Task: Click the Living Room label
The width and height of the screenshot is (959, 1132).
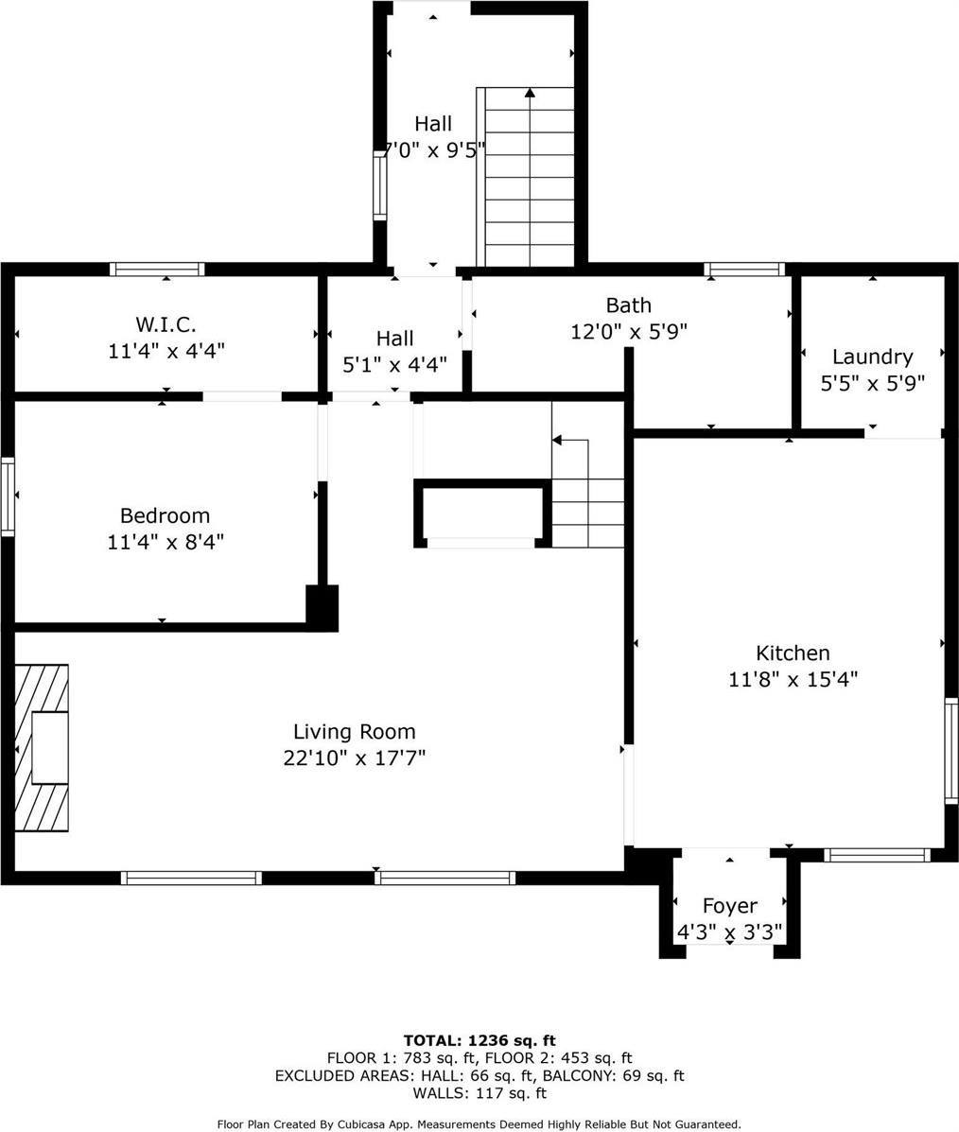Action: [x=354, y=731]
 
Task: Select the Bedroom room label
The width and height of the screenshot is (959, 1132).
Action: [x=165, y=515]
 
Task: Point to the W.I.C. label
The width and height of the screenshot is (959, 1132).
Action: [x=166, y=324]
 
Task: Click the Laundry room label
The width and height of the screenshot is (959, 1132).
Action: [x=872, y=357]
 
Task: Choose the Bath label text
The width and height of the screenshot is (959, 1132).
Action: [x=628, y=305]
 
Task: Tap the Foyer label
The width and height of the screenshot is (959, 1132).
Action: [x=729, y=906]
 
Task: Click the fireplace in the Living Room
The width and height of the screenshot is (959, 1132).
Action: [x=43, y=747]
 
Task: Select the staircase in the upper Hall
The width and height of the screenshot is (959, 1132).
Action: [x=529, y=178]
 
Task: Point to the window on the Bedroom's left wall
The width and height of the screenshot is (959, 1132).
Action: [x=8, y=496]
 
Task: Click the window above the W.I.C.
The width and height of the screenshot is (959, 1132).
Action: [x=157, y=270]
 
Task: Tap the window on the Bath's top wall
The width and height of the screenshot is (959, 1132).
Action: [x=745, y=270]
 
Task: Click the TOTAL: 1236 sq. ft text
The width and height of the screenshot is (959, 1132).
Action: [x=479, y=1040]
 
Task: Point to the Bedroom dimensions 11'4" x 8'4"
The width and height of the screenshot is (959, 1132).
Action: [x=166, y=542]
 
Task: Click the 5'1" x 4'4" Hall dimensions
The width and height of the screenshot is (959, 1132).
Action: [x=394, y=363]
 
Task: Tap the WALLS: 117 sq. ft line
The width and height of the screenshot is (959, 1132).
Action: [x=479, y=1093]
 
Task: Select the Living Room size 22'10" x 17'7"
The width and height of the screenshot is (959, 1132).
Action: [x=354, y=758]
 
